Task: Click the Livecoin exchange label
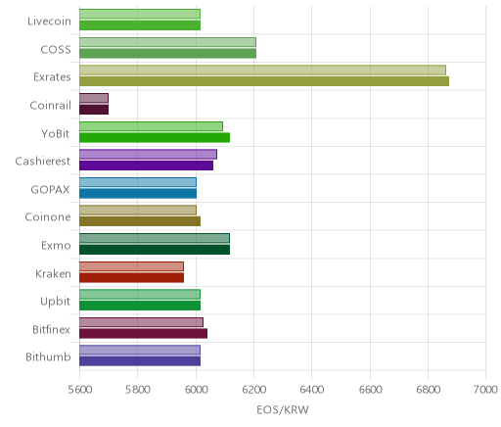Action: pos(49,22)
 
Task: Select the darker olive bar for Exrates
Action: pos(264,81)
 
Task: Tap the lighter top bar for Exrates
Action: pos(262,70)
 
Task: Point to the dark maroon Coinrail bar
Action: pos(94,110)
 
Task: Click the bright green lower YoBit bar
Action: pos(155,137)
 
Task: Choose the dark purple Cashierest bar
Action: pos(146,166)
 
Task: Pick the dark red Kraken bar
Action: pos(131,277)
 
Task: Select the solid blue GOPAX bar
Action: pos(138,194)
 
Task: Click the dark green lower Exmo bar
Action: pos(155,250)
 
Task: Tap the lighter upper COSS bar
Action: pos(167,42)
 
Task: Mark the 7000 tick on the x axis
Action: pos(485,390)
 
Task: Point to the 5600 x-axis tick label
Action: pos(80,390)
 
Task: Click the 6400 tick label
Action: pos(312,390)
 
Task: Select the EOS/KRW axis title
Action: pos(283,409)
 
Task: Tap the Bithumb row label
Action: pos(48,356)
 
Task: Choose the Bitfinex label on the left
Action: pos(51,329)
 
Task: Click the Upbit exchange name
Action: pos(55,302)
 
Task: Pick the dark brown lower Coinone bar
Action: pos(140,221)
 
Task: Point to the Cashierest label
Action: pos(43,162)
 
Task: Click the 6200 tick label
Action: pos(254,390)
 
